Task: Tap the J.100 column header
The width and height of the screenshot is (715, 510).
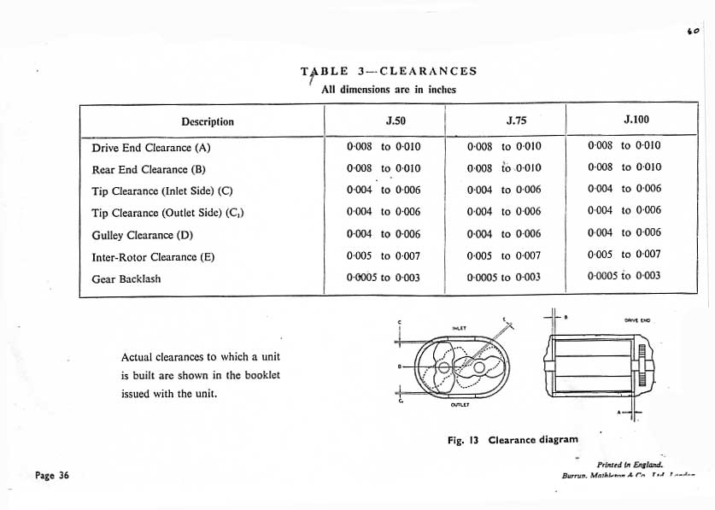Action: pos(636,120)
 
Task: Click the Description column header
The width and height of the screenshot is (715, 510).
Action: pos(207,121)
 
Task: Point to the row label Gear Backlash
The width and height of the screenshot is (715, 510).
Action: pos(126,278)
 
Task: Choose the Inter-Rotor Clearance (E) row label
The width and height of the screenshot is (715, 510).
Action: pos(152,256)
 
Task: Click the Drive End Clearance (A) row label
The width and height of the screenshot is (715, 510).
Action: pos(150,147)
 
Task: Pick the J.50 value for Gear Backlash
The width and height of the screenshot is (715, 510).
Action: pos(384,278)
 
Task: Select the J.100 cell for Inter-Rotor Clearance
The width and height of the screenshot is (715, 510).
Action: pos(624,254)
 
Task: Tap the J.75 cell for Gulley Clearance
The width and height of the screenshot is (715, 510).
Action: pos(504,234)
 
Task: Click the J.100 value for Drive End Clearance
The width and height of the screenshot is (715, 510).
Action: pos(624,145)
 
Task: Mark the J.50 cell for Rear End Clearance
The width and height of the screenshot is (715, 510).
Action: pos(384,168)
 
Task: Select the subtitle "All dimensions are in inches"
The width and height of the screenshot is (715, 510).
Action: pos(388,89)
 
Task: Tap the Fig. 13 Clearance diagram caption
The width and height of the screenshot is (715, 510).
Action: pos(513,440)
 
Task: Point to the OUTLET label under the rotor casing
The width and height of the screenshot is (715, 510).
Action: pos(461,407)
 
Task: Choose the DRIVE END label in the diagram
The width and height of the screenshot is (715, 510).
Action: pos(637,320)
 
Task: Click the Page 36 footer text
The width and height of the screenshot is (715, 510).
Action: pos(51,477)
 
